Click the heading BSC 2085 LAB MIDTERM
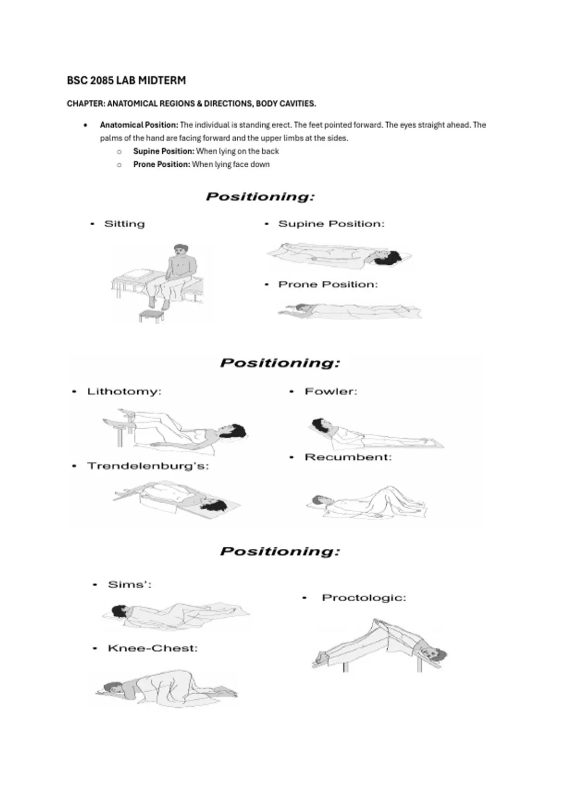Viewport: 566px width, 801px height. [126, 81]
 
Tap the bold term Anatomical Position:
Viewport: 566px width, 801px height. [139, 125]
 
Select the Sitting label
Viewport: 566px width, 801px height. [124, 224]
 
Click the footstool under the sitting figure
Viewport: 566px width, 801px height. [151, 316]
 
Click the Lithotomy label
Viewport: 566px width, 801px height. [124, 392]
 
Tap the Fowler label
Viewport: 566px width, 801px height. [331, 392]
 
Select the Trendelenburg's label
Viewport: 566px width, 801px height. [148, 466]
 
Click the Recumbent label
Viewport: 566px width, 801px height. [348, 458]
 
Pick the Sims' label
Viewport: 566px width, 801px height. [130, 585]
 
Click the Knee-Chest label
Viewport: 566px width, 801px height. [152, 648]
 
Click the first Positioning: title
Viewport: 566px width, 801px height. [260, 196]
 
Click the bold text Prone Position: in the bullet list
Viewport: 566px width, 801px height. [161, 164]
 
